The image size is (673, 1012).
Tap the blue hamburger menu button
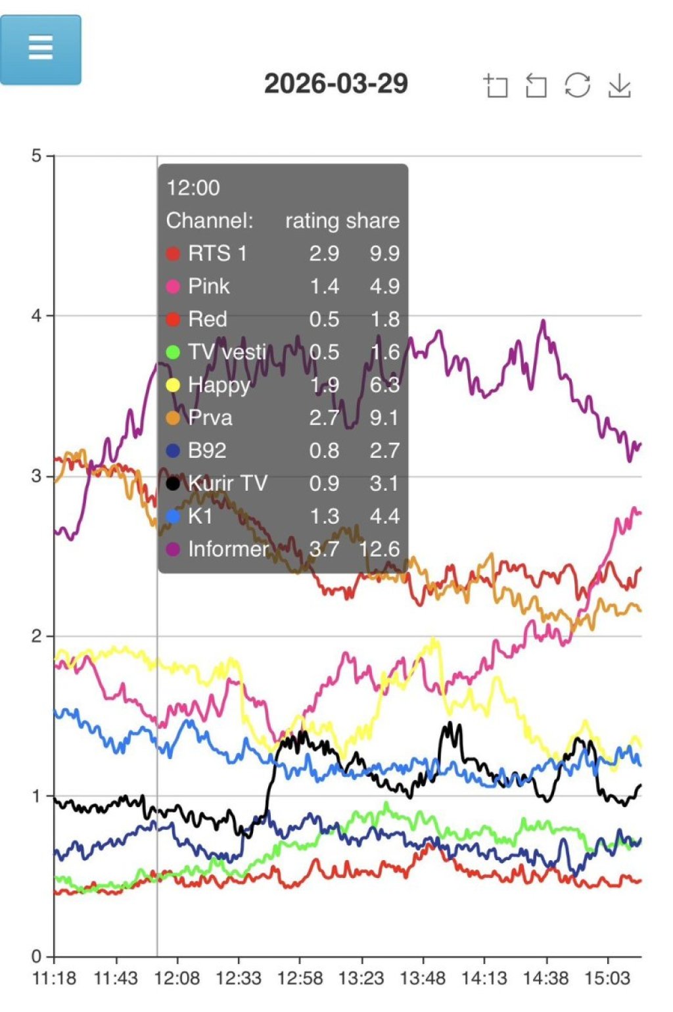tap(41, 50)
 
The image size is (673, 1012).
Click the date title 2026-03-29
tap(336, 83)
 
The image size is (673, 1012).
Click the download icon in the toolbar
tap(619, 85)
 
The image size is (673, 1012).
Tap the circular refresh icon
tap(577, 85)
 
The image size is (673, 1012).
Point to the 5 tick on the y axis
tap(36, 156)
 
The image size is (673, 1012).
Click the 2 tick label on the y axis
tap(36, 635)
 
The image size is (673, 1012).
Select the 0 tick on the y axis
tap(36, 955)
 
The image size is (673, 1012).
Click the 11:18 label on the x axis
tap(54, 978)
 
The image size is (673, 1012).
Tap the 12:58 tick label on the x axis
tap(300, 978)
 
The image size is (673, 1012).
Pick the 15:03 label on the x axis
tap(607, 978)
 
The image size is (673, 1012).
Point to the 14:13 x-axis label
tap(484, 978)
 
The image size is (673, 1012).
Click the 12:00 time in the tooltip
tap(193, 188)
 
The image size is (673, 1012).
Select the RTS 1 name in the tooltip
tap(218, 254)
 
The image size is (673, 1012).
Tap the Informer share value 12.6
tap(379, 549)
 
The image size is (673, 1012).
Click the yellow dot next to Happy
tap(173, 385)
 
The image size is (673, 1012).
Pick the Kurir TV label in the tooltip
tap(227, 484)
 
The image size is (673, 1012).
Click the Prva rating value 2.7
tap(325, 418)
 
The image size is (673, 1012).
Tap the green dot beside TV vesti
tap(173, 352)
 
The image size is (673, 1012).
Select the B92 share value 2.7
tap(384, 451)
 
